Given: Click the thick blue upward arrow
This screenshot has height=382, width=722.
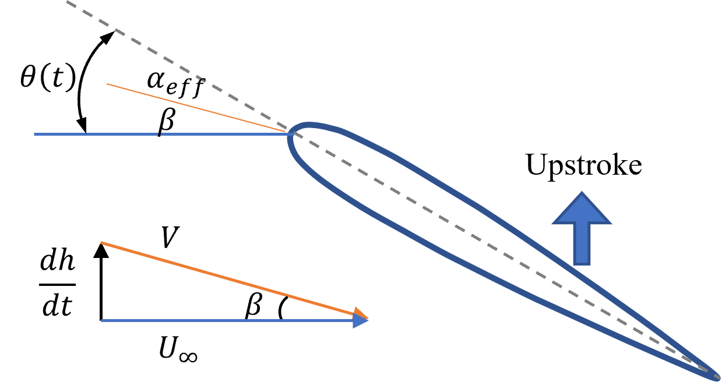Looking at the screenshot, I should tap(582, 233).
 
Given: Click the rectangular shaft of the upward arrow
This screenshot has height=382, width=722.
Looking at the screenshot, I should tap(582, 245).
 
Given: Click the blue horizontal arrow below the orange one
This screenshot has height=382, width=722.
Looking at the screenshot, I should tap(227, 320).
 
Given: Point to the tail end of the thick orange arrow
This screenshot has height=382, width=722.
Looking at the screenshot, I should tap(103, 243).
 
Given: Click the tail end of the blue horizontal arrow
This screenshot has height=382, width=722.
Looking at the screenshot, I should tap(103, 320).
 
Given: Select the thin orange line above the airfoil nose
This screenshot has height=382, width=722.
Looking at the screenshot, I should tap(192, 107).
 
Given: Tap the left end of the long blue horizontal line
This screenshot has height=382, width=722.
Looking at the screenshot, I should tap(35, 134).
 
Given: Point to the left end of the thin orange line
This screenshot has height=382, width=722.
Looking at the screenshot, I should tap(108, 84).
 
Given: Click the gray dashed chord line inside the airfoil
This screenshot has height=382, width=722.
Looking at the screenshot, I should tap(466, 233).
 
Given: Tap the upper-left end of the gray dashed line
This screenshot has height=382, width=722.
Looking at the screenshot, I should tap(68, 2).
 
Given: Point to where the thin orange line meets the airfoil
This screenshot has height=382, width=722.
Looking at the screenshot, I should tap(287, 132).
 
